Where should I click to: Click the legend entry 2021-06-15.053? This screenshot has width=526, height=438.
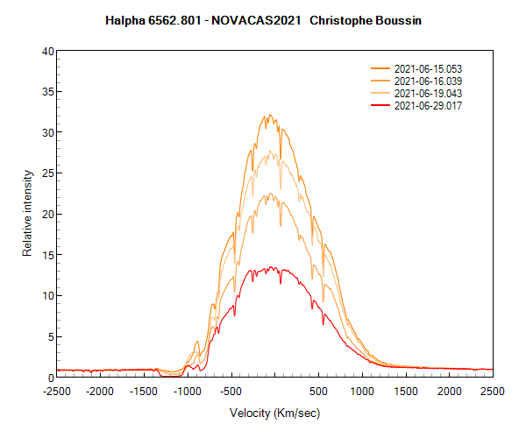pos(428,68)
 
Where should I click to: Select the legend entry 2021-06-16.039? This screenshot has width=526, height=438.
pos(428,81)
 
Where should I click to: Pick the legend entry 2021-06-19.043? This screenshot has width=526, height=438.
pos(428,93)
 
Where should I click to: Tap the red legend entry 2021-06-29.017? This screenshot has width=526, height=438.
pos(428,105)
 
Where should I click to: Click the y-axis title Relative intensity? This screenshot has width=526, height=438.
pos(27,214)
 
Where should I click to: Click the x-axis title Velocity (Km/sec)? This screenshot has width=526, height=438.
pos(274,413)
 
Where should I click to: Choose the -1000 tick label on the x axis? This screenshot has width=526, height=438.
pos(187,392)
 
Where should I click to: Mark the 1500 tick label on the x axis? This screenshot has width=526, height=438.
pos(406,392)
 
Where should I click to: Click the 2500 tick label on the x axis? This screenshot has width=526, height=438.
pos(492,392)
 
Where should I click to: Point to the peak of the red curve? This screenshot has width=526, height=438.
pos(272,268)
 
